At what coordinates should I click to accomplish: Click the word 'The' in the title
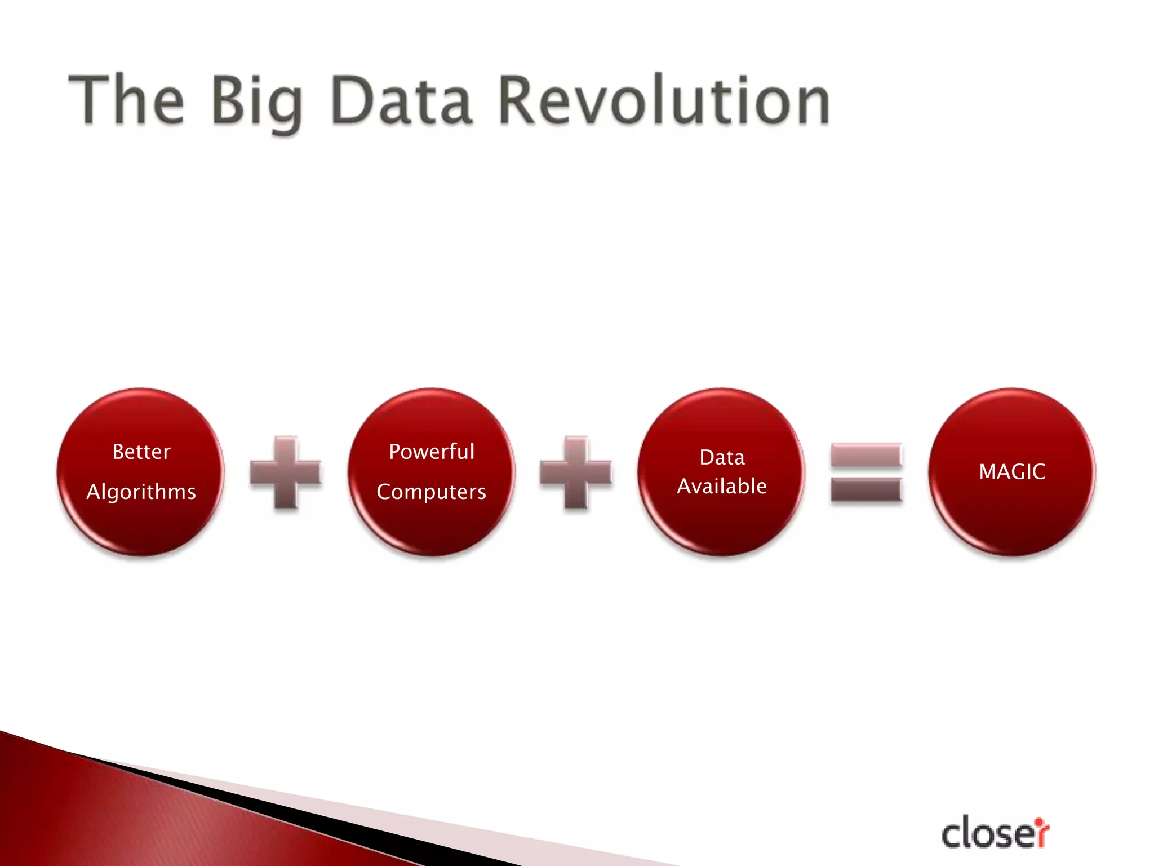tap(126, 100)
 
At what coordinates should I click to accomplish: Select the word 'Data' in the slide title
tap(401, 100)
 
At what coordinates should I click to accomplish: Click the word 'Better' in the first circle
tap(141, 452)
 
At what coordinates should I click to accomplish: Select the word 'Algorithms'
tap(141, 492)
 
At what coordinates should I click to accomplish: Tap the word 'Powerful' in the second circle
tap(432, 452)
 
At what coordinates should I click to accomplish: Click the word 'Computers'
tap(431, 492)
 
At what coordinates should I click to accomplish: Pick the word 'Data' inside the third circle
tap(722, 457)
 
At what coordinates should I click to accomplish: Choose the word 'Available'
tap(722, 486)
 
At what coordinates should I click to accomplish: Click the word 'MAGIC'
tap(1012, 472)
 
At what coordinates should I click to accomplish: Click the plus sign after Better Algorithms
tap(286, 472)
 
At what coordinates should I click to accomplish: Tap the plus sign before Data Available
tap(576, 472)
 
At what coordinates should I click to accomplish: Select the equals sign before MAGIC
tap(866, 472)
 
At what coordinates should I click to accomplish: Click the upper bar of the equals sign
tap(866, 455)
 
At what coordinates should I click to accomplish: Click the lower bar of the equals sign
tap(866, 489)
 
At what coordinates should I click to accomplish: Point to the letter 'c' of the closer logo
tap(952, 836)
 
